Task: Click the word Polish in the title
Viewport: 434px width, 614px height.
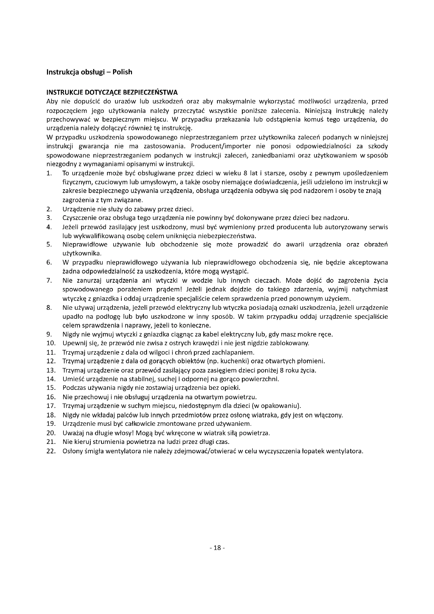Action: point(122,72)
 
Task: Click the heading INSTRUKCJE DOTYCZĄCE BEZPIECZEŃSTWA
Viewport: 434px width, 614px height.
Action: point(112,92)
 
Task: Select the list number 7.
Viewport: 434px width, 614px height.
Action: point(49,281)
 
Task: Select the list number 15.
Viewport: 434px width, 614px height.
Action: point(51,388)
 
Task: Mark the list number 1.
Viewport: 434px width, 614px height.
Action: point(49,173)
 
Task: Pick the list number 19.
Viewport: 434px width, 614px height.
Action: point(51,424)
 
